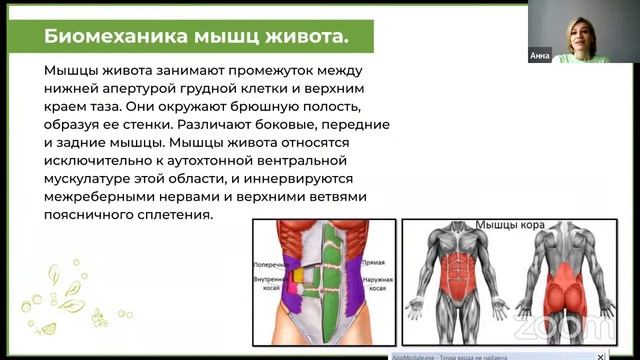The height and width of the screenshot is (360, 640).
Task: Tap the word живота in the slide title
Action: click(x=302, y=37)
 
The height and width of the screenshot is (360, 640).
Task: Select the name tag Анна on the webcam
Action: click(x=539, y=56)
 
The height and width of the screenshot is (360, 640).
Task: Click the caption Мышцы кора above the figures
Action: click(x=510, y=225)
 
